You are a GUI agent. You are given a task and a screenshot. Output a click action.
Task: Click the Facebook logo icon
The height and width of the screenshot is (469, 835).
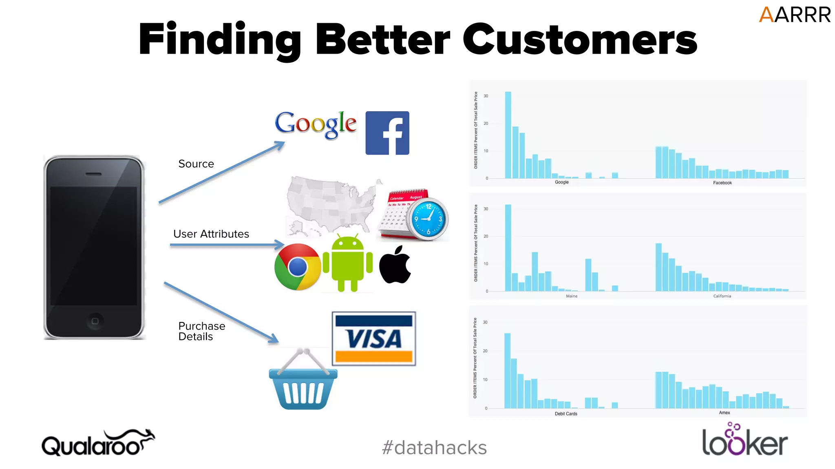point(387,133)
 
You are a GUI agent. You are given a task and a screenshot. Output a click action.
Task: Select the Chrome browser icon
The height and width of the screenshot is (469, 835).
point(297,267)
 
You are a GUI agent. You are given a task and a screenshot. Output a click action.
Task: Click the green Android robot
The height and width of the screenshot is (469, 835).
point(347,264)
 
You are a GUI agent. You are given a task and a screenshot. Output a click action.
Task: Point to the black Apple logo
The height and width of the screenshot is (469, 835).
point(395,265)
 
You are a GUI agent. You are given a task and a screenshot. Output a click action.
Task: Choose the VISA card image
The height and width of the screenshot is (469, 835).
point(373,339)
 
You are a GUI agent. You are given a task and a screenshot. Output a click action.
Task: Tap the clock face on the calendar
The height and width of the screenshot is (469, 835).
point(428,219)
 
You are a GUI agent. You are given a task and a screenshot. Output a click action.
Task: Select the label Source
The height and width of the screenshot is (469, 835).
point(196,164)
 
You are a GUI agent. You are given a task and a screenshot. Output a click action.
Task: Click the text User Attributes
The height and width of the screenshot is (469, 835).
point(211,234)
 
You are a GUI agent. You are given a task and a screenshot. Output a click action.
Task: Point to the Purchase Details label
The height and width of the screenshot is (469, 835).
point(201,331)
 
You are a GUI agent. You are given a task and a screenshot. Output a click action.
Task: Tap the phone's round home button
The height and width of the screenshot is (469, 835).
point(95,321)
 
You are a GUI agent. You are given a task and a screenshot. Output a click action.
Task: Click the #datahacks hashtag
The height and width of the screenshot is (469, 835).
point(434,447)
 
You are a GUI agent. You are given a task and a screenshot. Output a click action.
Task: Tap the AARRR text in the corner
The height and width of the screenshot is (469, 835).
point(794,15)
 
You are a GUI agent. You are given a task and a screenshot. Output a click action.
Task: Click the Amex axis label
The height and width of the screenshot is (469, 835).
point(724,412)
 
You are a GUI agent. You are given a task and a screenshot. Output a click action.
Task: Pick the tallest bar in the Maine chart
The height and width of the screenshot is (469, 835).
point(508,248)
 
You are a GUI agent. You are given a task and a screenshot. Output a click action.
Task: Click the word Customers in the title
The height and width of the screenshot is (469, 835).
point(579,39)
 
